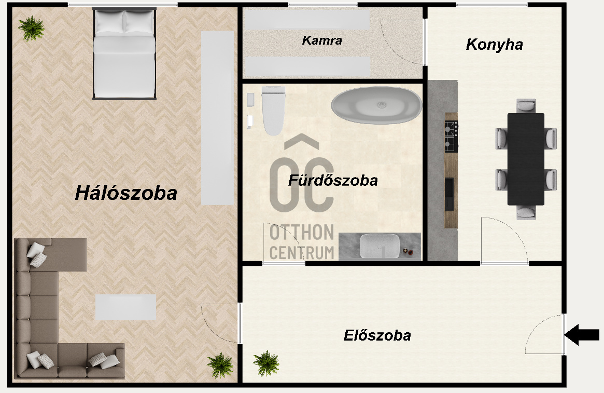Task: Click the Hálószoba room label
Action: pyautogui.click(x=126, y=193)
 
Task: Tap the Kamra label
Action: pyautogui.click(x=322, y=40)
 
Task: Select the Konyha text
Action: pyautogui.click(x=494, y=45)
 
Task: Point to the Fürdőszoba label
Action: pyautogui.click(x=333, y=181)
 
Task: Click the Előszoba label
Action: pyautogui.click(x=377, y=335)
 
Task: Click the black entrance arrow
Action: pyautogui.click(x=582, y=335)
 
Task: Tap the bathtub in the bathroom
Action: pyautogui.click(x=376, y=105)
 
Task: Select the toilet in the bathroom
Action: pyautogui.click(x=273, y=110)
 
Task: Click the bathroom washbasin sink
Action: pyautogui.click(x=380, y=246)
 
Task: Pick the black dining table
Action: pyautogui.click(x=526, y=159)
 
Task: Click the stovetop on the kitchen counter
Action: pyautogui.click(x=451, y=136)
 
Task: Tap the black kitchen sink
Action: pyautogui.click(x=449, y=194)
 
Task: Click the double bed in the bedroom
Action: pyautogui.click(x=124, y=53)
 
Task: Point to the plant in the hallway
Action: pyautogui.click(x=266, y=363)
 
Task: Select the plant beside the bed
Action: pyautogui.click(x=32, y=28)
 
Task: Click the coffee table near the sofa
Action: pyautogui.click(x=125, y=307)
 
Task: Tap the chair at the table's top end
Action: pyautogui.click(x=526, y=106)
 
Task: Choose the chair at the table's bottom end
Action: pyautogui.click(x=526, y=212)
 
